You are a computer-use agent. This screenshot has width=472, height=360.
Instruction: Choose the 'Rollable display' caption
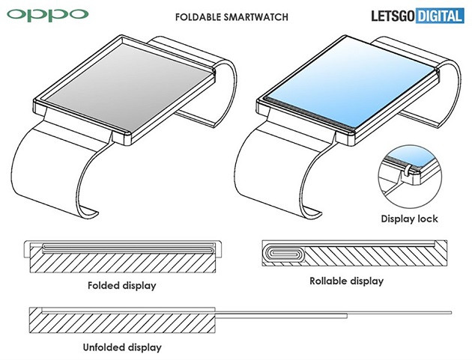[x=346, y=281]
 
